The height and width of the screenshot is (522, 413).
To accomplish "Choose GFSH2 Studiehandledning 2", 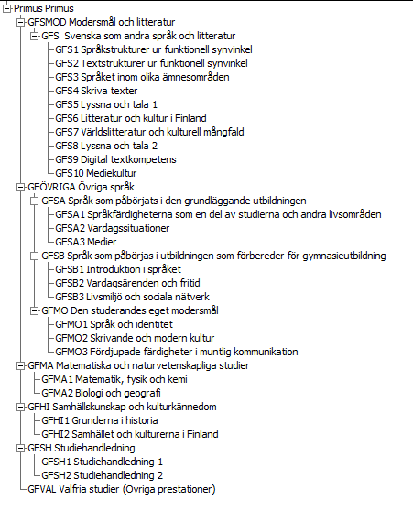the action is pyautogui.click(x=103, y=475).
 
